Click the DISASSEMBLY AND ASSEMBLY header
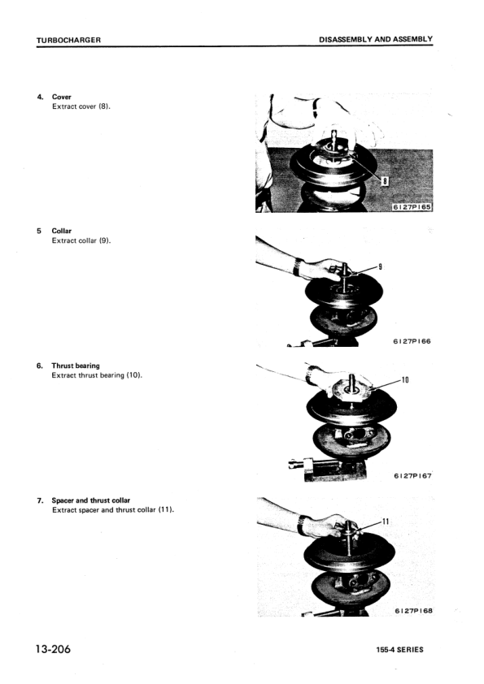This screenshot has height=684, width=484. (x=375, y=39)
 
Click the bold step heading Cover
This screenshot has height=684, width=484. (x=62, y=97)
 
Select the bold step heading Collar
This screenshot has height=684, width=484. (x=62, y=231)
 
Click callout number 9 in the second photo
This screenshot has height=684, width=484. (x=380, y=266)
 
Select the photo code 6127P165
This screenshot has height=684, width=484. (x=411, y=206)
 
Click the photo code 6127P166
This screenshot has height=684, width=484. (x=411, y=341)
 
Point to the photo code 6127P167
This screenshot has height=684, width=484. (x=412, y=476)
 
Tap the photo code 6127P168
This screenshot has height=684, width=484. (x=412, y=611)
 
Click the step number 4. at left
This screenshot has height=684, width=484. (x=40, y=97)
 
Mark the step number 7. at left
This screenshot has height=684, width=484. (x=40, y=500)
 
